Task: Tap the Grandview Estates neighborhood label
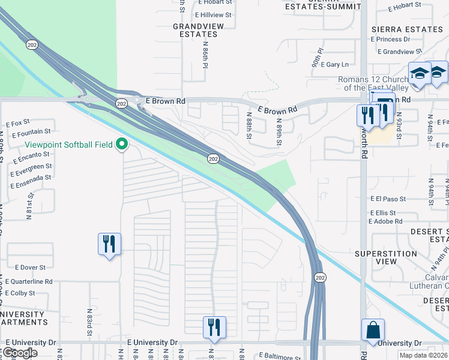click(x=194, y=31)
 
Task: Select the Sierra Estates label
click(x=407, y=29)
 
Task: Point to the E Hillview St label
click(x=214, y=14)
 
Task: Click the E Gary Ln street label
click(x=335, y=64)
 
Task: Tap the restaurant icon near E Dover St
click(x=109, y=244)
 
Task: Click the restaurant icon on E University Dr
click(x=214, y=328)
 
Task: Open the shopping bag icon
click(x=373, y=330)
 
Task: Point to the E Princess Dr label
click(x=391, y=40)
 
